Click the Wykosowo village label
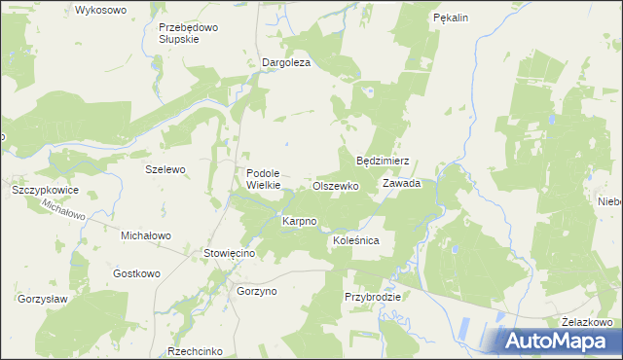click(101, 10)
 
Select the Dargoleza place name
click(286, 63)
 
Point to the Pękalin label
click(451, 18)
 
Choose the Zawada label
click(401, 183)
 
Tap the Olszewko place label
click(336, 185)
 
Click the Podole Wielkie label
click(263, 179)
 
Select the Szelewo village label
click(165, 168)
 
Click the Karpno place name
click(299, 222)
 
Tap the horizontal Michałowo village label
click(145, 235)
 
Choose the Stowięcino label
click(229, 253)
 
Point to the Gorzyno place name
click(258, 291)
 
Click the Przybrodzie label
click(372, 296)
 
